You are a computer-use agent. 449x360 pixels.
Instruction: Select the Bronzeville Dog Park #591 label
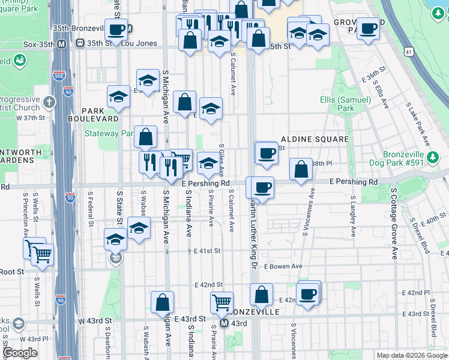pyautogui.click(x=417, y=160)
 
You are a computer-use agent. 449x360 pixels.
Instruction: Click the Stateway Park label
pyautogui.click(x=109, y=133)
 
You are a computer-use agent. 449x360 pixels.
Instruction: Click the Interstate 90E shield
pyautogui.click(x=59, y=76)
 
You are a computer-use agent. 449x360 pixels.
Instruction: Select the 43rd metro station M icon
pyautogui.click(x=223, y=323)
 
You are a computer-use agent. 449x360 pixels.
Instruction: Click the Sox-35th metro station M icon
pyautogui.click(x=62, y=43)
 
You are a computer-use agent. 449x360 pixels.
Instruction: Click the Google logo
pyautogui.click(x=20, y=353)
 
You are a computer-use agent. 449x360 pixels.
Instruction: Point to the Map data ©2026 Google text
pyautogui.click(x=411, y=355)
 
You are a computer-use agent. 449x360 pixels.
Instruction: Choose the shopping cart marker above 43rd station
pyautogui.click(x=221, y=302)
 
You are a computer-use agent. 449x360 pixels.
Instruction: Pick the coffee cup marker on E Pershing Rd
pyautogui.click(x=262, y=187)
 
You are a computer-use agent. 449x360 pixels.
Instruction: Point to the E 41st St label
pyautogui.click(x=207, y=251)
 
